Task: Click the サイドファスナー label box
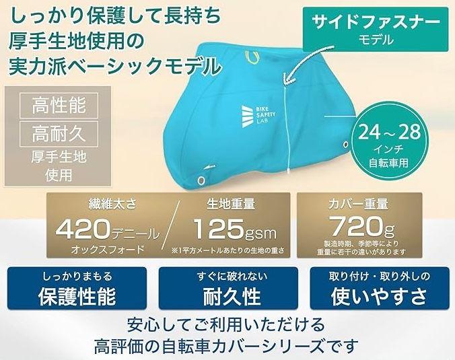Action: pyautogui.click(x=376, y=30)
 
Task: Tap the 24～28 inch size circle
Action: pyautogui.click(x=389, y=145)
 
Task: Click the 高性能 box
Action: pyautogui.click(x=59, y=105)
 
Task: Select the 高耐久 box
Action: pyautogui.click(x=59, y=134)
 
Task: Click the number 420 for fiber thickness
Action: pyautogui.click(x=83, y=229)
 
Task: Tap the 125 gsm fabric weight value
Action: pyautogui.click(x=235, y=229)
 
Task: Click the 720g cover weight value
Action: pyautogui.click(x=362, y=227)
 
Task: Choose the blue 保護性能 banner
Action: pyautogui.click(x=77, y=288)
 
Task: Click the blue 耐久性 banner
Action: pyautogui.click(x=228, y=288)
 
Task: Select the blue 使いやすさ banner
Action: pyautogui.click(x=380, y=288)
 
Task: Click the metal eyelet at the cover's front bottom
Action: pyautogui.click(x=201, y=180)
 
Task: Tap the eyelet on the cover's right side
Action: pyautogui.click(x=345, y=145)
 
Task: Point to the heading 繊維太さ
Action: pyautogui.click(x=112, y=204)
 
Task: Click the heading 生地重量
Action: pyautogui.click(x=231, y=204)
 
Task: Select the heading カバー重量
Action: pyautogui.click(x=358, y=204)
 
